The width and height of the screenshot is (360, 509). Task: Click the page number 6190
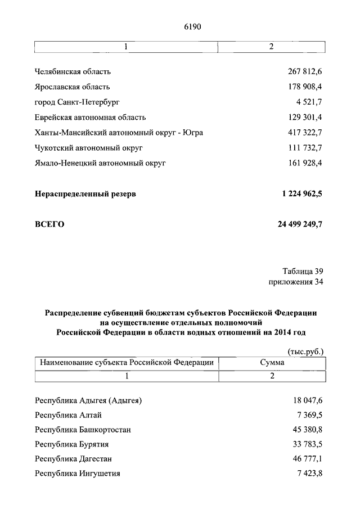coord(192,26)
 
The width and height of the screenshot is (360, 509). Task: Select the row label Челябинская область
coord(73,71)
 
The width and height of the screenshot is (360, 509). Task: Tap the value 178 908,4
coord(305,87)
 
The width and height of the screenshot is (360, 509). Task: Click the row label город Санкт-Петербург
coord(77,102)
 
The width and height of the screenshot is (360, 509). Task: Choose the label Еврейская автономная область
coord(90,117)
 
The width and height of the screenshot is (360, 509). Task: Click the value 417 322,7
coord(305,132)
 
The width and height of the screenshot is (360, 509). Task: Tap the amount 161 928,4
coord(305,163)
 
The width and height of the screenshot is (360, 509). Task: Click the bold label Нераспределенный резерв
coord(85,193)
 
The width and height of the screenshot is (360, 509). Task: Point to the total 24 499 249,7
coord(300,224)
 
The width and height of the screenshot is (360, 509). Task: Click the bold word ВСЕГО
coord(49,224)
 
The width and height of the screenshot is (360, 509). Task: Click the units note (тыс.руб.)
coord(305,352)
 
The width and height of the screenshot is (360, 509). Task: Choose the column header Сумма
coord(272,363)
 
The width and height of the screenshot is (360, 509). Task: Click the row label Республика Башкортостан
coord(83,430)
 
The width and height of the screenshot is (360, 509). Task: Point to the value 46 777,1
coord(308,459)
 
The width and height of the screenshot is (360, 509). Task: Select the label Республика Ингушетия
coord(77,474)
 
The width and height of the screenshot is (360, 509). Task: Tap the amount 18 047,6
coord(308,400)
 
